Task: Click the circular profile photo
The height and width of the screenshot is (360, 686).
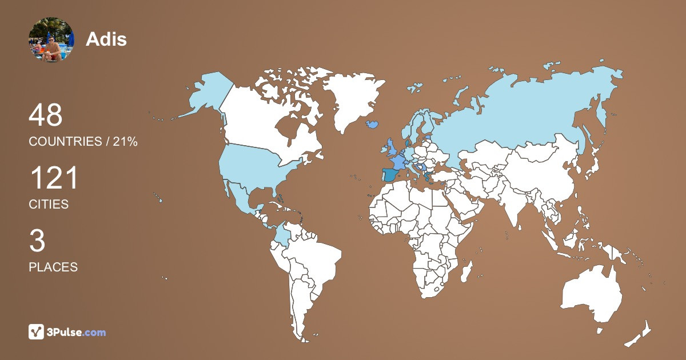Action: pos(51,39)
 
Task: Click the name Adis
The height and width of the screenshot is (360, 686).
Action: pos(106,39)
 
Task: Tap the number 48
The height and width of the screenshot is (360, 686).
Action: pos(46,115)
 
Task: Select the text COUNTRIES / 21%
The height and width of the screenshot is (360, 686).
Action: pos(83,142)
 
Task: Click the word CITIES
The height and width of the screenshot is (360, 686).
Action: pos(49,204)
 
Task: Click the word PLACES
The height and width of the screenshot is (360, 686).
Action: pos(53,267)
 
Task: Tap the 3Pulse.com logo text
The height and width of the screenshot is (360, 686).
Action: pos(76,332)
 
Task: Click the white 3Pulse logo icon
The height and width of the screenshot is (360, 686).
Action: pos(37,332)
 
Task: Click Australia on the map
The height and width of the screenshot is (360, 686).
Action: pos(592,294)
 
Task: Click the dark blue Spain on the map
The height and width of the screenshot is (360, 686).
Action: pos(390,175)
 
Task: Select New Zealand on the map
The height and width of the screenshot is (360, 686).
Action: pos(640,334)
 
